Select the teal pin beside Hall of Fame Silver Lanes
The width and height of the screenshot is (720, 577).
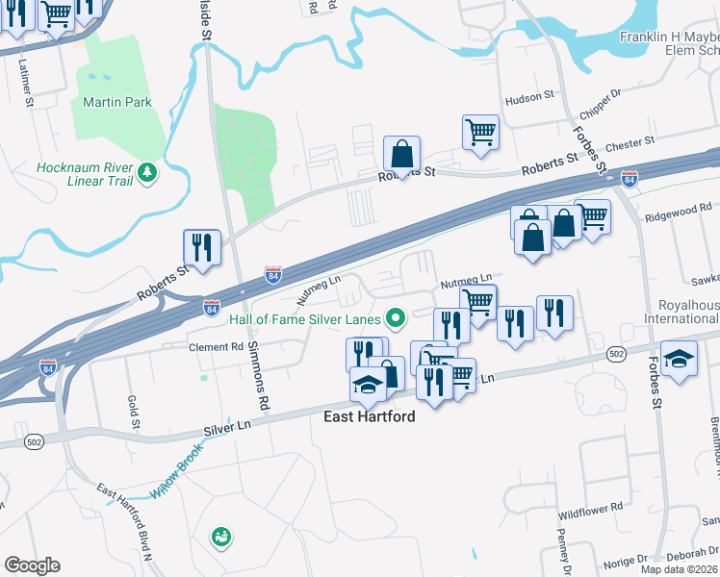[x=394, y=317]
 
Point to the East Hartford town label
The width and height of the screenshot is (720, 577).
[x=368, y=417]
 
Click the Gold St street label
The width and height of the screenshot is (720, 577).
[x=132, y=411]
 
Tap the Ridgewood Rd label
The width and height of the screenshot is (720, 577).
[x=679, y=206]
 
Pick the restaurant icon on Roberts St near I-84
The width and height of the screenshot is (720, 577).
[x=202, y=247]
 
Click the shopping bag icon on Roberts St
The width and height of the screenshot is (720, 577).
[x=401, y=153]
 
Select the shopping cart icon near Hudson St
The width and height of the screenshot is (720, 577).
[x=479, y=132]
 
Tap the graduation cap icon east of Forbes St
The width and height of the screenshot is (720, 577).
[x=680, y=358]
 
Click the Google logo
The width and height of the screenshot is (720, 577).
[x=32, y=565]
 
